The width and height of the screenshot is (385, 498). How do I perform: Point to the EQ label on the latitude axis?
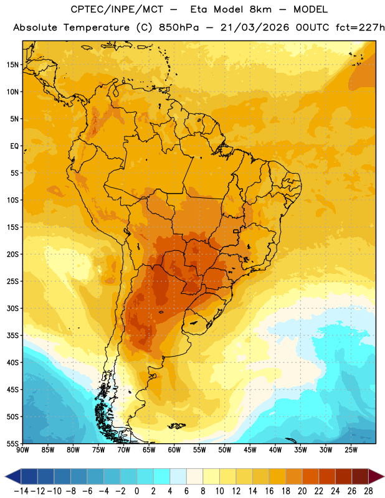pyautogui.click(x=14, y=146)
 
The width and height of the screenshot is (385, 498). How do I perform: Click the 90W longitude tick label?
pyautogui.click(x=22, y=450)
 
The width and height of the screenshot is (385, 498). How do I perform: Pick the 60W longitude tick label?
pyautogui.click(x=174, y=450)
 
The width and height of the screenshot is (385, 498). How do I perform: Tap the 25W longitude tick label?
pyautogui.click(x=351, y=450)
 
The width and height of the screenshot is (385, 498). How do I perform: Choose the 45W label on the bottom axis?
pyautogui.click(x=250, y=450)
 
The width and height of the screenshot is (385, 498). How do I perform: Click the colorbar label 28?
pyautogui.click(x=368, y=491)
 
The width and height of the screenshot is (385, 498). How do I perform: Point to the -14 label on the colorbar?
pyautogui.click(x=21, y=491)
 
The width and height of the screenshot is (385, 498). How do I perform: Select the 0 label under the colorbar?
pyautogui.click(x=136, y=491)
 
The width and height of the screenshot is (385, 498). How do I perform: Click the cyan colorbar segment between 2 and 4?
pyautogui.click(x=161, y=476)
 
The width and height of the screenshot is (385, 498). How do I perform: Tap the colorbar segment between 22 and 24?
pyautogui.click(x=327, y=476)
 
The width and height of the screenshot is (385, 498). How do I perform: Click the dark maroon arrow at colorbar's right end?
pyautogui.click(x=376, y=476)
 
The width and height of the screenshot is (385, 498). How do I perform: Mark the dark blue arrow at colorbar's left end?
pyautogui.click(x=13, y=476)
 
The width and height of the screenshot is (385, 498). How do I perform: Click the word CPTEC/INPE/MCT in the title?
pyautogui.click(x=116, y=9)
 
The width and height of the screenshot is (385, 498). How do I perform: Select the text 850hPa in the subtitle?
pyautogui.click(x=179, y=27)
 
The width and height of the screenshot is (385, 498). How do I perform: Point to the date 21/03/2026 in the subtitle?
pyautogui.click(x=255, y=27)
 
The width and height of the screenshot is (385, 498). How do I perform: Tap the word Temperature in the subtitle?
pyautogui.click(x=97, y=28)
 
